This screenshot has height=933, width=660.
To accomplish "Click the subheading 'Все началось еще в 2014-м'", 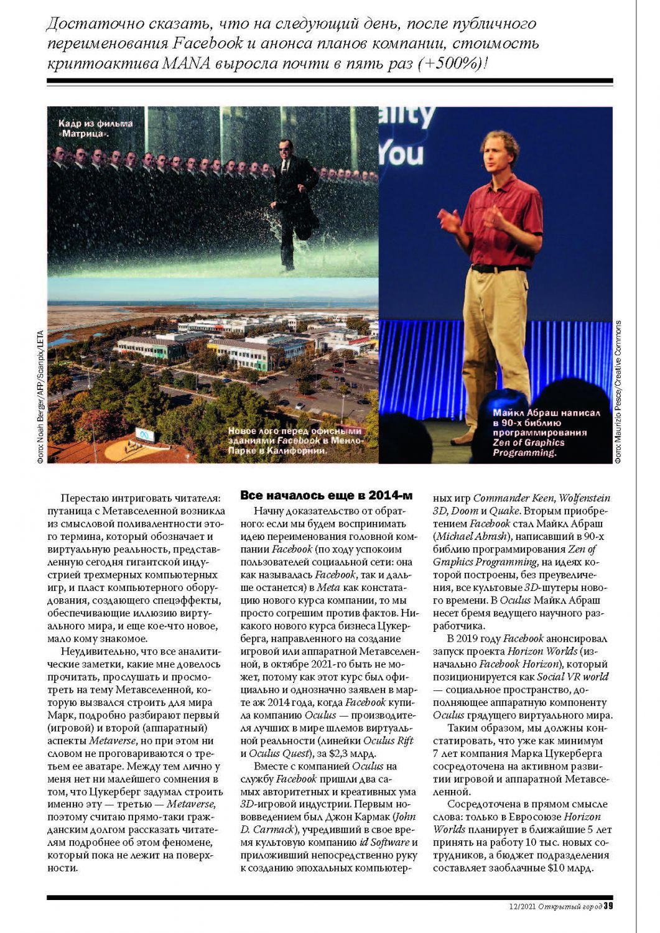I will tap(326, 496).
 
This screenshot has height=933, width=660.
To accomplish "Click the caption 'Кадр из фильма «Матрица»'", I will tap(95, 128).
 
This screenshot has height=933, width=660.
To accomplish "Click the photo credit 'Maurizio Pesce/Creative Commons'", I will tap(618, 391).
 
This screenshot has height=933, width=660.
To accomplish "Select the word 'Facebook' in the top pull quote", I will tap(208, 44).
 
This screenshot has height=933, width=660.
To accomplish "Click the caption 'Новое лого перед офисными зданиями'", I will tap(294, 440).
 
